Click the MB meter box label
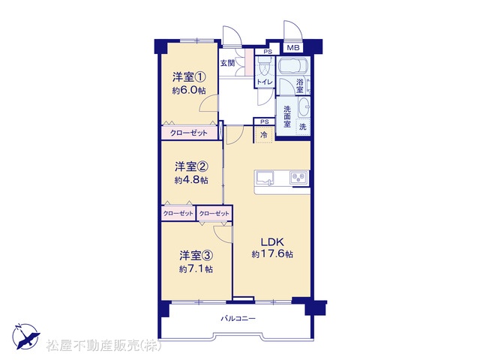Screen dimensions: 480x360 293,48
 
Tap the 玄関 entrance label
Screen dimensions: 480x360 228,63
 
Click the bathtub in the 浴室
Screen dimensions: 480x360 292,65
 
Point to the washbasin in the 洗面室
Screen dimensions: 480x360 304,107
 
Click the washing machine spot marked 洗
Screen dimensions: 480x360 303,127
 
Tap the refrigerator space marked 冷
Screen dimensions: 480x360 263,135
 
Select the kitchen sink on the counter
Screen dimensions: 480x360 265,178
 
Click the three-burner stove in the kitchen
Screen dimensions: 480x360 299,178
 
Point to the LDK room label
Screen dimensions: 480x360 272,242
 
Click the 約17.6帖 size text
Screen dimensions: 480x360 272,254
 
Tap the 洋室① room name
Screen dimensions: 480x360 189,76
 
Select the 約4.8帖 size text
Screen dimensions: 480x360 191,180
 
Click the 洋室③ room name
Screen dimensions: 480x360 196,255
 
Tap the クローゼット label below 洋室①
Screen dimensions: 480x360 188,133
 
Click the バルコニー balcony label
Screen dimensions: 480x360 238,319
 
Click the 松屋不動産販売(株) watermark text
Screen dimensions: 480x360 103,346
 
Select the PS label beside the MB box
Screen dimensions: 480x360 268,52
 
